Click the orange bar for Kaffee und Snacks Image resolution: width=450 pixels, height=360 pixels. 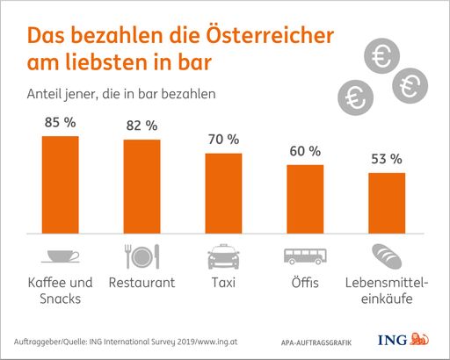61,185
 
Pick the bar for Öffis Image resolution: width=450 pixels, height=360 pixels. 305,199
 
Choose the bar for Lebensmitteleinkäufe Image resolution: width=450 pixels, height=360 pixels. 386,204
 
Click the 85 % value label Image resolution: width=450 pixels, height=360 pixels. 60,123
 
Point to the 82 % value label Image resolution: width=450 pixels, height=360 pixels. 142,126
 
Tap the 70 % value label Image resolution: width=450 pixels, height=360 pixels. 223,140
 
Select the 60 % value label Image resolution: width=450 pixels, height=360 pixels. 305,151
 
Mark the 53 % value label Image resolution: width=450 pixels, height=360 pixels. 386,159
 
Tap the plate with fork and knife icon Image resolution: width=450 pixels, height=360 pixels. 141,256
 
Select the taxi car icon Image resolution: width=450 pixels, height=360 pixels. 223,257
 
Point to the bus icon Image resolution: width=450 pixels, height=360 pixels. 304,256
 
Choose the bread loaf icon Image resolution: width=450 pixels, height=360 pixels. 386,256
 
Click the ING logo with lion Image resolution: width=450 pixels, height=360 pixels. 401,340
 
